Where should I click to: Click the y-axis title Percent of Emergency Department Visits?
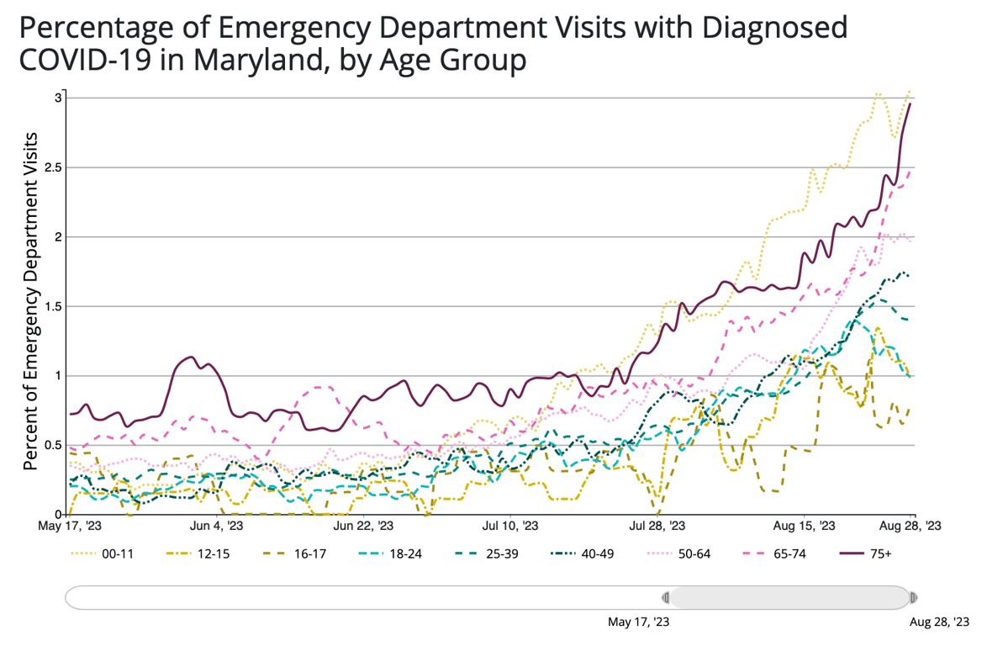pos(31,300)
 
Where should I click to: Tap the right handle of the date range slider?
pos(913,598)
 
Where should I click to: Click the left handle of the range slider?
pos(666,598)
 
